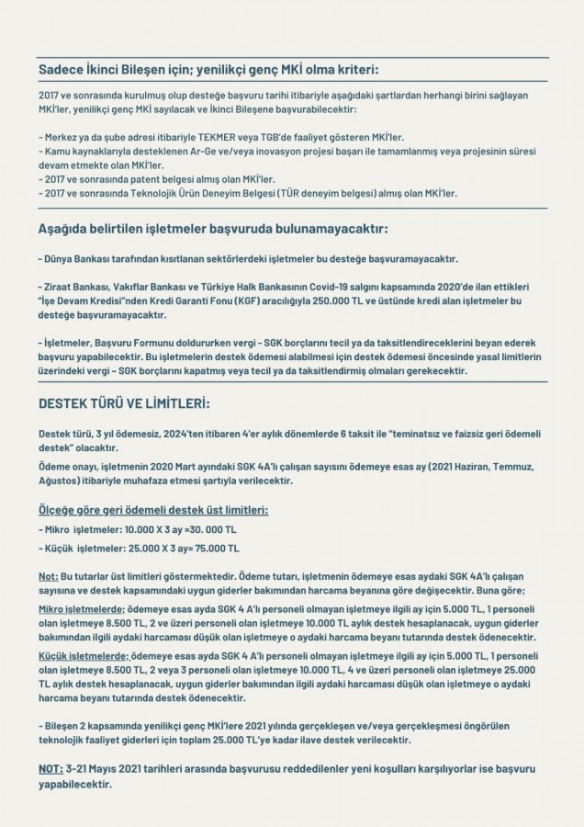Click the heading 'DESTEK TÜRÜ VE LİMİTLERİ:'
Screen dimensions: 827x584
[x=124, y=402]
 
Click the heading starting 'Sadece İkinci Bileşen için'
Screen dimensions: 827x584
[x=208, y=70]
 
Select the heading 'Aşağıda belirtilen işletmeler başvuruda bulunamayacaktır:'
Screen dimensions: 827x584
[x=213, y=227]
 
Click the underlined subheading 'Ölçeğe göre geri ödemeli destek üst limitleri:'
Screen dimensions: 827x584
[x=152, y=509]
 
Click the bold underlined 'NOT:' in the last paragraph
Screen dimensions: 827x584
[x=51, y=767]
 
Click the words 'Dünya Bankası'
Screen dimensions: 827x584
[x=73, y=259]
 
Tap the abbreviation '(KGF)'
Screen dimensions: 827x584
[x=215, y=300]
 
